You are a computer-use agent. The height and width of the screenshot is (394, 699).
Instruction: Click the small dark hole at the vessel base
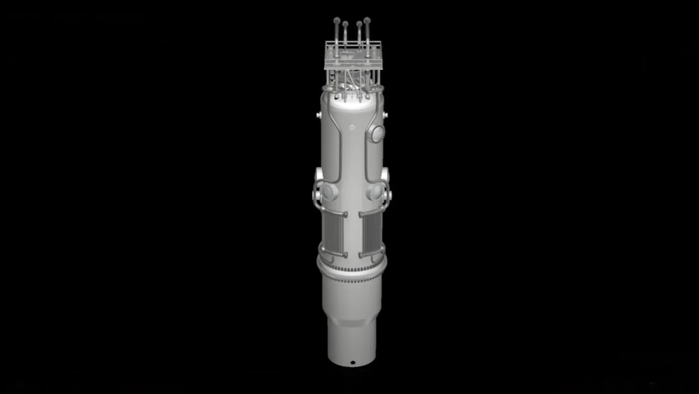pyautogui.click(x=352, y=362)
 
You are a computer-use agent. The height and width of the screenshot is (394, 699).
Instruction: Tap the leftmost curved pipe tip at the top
pyautogui.click(x=337, y=21)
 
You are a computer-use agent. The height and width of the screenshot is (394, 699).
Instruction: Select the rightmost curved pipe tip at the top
pyautogui.click(x=367, y=20)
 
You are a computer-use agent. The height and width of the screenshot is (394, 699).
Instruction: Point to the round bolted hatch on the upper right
pyautogui.click(x=377, y=133)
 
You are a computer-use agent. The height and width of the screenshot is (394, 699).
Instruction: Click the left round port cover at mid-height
pyautogui.click(x=329, y=191)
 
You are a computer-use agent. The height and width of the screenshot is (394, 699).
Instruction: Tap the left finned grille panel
pyautogui.click(x=334, y=233)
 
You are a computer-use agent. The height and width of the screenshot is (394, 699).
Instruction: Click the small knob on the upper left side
pyautogui.click(x=318, y=115)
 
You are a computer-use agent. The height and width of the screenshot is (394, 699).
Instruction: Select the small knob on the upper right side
pyautogui.click(x=385, y=115)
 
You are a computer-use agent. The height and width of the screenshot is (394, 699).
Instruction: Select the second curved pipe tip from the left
pyautogui.click(x=345, y=24)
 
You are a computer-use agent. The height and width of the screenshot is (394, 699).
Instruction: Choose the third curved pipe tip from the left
pyautogui.click(x=359, y=23)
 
